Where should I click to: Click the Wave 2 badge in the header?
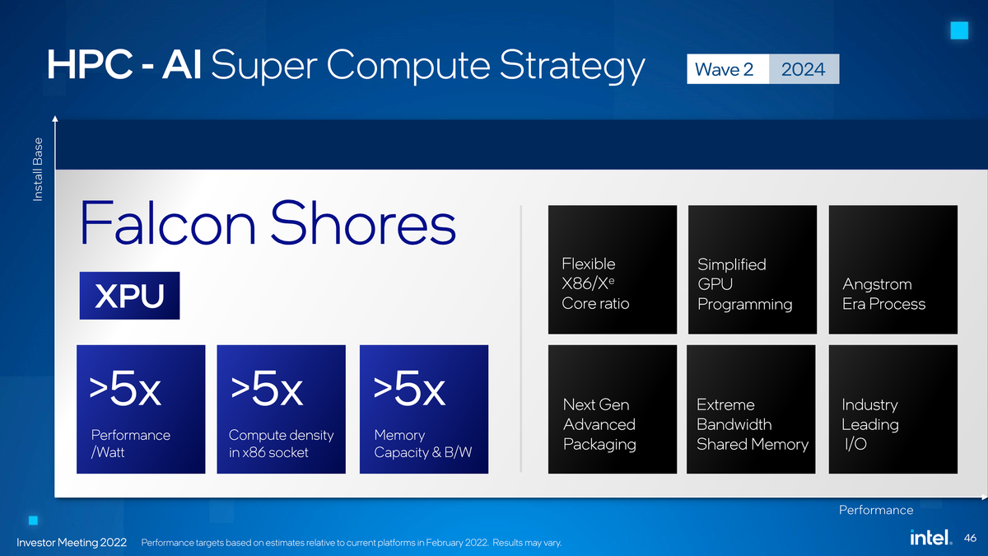coord(724,70)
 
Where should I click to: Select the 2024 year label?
coord(803,70)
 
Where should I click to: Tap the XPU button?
coord(129,297)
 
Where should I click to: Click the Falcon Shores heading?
coord(268,224)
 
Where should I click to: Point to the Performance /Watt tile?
coord(141,409)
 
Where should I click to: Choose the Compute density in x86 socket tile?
coord(281,409)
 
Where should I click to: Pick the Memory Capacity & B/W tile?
coord(424,409)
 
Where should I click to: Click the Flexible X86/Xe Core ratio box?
coord(612,269)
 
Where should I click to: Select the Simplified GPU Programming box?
coord(752,269)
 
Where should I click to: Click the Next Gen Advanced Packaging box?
coord(612,409)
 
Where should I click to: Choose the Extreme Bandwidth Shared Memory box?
coord(752,409)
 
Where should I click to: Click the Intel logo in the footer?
coord(931,538)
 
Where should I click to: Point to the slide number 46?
coord(970,538)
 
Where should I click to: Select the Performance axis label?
coord(875,510)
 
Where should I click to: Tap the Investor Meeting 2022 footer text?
coord(72,542)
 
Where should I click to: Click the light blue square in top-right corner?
coord(958,30)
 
